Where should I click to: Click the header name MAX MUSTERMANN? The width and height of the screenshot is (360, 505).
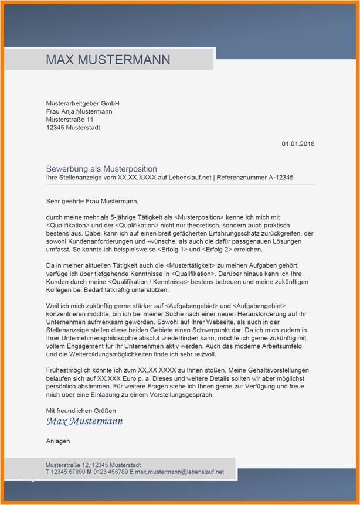tap(108, 60)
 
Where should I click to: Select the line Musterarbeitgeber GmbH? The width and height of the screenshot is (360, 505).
tap(83, 103)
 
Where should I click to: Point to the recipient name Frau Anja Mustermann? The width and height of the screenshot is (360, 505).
tap(79, 111)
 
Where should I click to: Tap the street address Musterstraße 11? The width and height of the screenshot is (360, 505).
tap(70, 120)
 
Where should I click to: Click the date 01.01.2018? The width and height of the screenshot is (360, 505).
tap(298, 144)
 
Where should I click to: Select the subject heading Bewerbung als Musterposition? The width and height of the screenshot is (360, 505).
tap(101, 169)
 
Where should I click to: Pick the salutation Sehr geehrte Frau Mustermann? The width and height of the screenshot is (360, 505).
tap(93, 201)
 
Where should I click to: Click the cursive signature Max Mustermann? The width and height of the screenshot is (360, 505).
tap(84, 421)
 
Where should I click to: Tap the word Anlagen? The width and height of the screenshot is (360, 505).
tap(58, 441)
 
